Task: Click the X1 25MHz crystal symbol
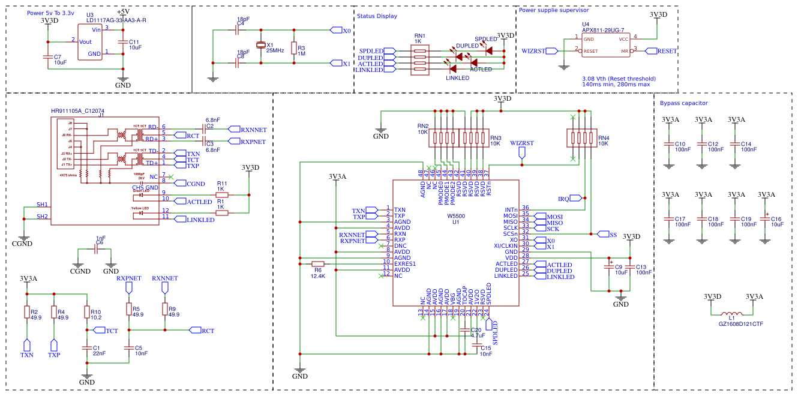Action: coord(260,45)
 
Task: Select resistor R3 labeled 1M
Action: coord(294,48)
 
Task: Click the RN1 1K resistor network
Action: coord(419,60)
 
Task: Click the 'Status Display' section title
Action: coord(377,16)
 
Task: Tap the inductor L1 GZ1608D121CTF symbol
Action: coord(731,314)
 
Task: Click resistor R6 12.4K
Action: coord(318,263)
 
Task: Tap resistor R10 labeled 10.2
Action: coord(87,313)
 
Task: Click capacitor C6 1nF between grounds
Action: coord(96,251)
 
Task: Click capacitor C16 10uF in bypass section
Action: coord(766,220)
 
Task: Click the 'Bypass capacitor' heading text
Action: coord(683,103)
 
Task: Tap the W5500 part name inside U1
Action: coord(456,215)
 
